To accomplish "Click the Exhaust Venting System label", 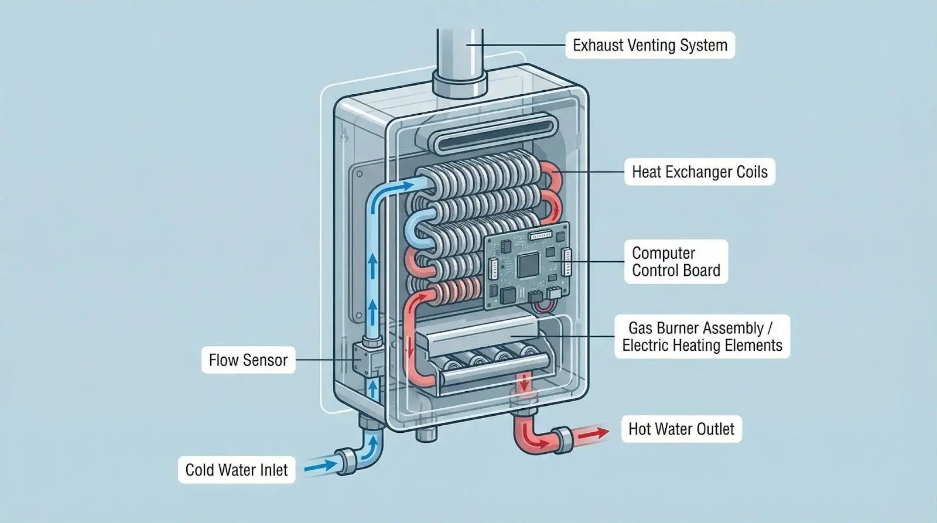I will coord(649,45).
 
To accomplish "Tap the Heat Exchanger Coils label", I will coord(699,172).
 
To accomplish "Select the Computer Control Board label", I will coord(676,262).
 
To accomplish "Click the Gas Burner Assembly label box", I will coord(702,337).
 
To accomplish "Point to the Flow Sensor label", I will coord(248,360).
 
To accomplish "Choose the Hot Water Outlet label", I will coord(680,429).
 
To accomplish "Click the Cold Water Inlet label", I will coord(237,470).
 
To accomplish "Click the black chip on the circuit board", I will coord(526,266).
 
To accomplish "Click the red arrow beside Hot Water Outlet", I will coord(594,434).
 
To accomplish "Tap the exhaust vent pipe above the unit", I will coord(467,50).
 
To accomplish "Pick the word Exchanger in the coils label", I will coord(703,172).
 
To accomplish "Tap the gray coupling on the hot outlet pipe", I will coord(563,438).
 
